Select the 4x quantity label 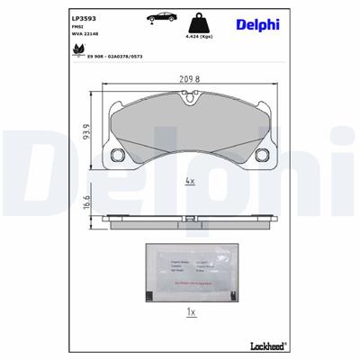tap(189, 181)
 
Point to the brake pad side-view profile tap(188, 220)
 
